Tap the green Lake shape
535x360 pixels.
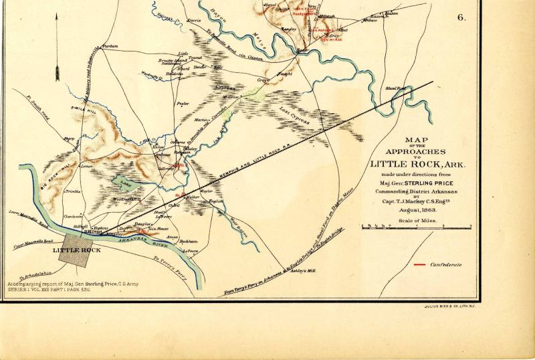126,181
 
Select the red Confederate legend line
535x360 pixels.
419,265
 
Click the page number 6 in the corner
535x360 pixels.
461,18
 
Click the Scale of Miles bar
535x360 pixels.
415,227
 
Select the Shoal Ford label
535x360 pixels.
397,88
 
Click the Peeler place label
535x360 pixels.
183,104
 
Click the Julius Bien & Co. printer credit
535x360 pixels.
447,306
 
